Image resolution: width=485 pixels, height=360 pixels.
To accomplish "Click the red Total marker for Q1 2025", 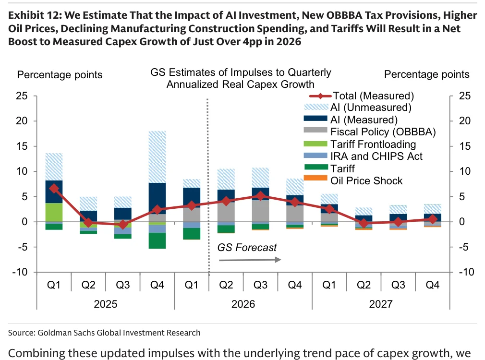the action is pos(54,189).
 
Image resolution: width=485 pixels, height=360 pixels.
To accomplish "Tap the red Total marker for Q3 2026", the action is pos(260,196).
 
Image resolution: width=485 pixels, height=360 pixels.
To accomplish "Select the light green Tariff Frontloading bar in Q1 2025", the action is pos(54,213).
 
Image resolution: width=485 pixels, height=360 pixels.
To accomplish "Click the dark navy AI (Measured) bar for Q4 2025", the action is pos(158,199).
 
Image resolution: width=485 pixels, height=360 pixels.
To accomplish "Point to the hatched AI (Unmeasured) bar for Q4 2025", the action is pos(158,157).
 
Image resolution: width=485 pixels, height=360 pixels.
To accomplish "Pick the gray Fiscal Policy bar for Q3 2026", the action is pos(260,211).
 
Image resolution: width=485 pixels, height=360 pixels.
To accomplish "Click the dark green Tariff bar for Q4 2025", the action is pos(158,240).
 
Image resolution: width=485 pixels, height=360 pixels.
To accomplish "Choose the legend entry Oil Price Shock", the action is pos(353,180).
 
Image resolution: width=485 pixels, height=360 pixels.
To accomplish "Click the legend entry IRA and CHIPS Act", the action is pos(363,156).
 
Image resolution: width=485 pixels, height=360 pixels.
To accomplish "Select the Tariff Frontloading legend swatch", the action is pos(315,144).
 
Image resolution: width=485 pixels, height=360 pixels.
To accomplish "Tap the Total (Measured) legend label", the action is pos(373,96).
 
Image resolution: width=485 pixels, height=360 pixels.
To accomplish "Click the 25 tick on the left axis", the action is pos(22,96).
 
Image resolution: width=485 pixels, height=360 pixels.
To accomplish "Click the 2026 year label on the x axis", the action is pos(243,304).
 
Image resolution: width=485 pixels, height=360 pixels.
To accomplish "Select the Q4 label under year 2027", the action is pos(432,285).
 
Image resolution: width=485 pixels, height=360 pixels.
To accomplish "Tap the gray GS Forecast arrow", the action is pos(250,260).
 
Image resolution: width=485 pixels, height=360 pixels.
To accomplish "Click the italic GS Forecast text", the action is pos(247,247).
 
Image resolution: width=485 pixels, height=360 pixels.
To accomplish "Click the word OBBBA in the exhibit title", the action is pos(342,15).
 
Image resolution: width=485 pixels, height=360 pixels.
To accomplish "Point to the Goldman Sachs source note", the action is pos(104,333).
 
